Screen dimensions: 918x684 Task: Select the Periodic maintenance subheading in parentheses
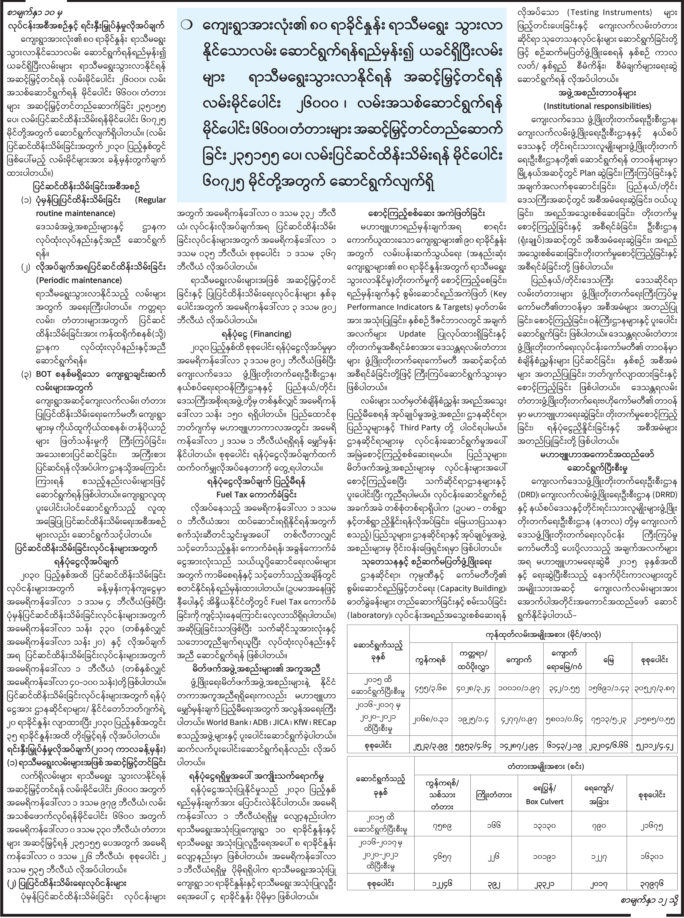pyautogui.click(x=79, y=280)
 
